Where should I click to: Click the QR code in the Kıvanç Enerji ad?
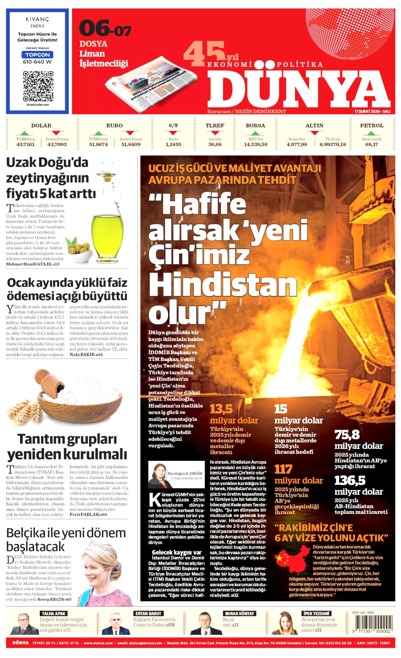38,86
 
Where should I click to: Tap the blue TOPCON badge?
37,55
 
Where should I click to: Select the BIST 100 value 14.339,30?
256,144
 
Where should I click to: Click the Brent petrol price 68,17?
372,144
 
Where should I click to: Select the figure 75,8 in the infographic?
347,435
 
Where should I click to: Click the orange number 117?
283,469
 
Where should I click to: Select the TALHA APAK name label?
54,613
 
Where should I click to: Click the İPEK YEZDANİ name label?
316,613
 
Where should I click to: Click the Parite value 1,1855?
173,144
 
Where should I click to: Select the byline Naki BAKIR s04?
86,354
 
